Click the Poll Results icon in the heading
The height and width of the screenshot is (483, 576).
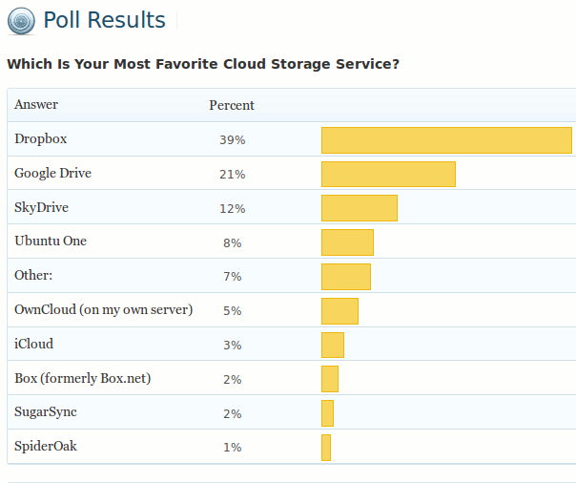[x=22, y=20]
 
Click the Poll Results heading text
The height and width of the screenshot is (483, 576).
[x=104, y=20]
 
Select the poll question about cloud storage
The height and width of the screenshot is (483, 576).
[x=202, y=64]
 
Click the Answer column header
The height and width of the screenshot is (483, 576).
[x=36, y=105]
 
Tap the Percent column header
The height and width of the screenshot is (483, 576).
[x=232, y=105]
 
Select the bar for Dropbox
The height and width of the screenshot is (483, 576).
[x=446, y=140]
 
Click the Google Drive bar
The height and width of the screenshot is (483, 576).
[x=388, y=175]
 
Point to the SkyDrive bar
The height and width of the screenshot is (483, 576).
[x=359, y=208]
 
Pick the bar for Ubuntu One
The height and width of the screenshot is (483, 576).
[x=347, y=242]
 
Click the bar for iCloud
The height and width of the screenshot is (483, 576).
[x=332, y=345]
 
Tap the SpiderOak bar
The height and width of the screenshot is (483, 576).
[x=326, y=448]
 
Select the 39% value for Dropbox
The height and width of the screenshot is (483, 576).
[x=232, y=140]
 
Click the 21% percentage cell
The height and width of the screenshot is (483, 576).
[x=232, y=175]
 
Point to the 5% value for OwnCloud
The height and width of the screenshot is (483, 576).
[x=232, y=311]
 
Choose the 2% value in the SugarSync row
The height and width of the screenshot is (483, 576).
[x=232, y=413]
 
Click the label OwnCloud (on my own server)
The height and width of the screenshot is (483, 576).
[x=104, y=310]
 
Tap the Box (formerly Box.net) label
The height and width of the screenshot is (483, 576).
[x=83, y=379]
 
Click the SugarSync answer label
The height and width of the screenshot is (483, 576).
[x=46, y=412]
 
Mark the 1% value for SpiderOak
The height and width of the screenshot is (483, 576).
[x=232, y=448]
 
